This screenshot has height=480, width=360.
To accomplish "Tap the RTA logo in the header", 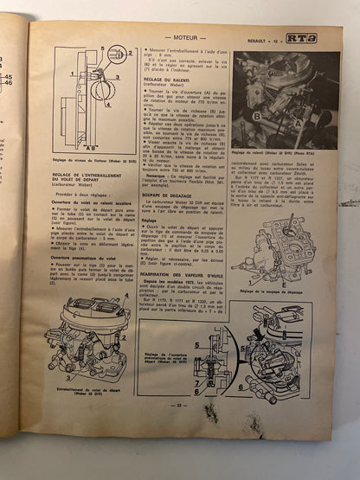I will (x=304, y=37).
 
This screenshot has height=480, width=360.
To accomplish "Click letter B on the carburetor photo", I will (x=257, y=114).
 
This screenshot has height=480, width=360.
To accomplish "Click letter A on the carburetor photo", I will (x=299, y=123).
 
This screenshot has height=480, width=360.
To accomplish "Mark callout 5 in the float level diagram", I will (x=102, y=49).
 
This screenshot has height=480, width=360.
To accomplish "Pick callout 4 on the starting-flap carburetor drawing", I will (x=125, y=296).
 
